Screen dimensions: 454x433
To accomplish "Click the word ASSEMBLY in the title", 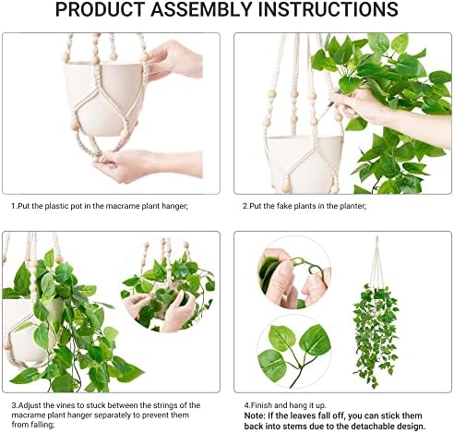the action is click(201, 9).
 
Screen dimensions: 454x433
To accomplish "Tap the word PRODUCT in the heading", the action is click(101, 9).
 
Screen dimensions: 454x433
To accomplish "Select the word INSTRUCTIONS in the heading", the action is click(328, 9).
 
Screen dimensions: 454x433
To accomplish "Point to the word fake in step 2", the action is click(284, 206).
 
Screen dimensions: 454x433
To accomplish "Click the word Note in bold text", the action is click(254, 415).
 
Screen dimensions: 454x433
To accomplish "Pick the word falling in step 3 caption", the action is click(42, 425).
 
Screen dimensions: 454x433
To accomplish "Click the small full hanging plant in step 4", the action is click(376, 312).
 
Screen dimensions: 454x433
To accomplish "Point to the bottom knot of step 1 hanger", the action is click(102, 158).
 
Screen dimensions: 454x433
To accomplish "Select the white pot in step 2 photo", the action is click(305, 163).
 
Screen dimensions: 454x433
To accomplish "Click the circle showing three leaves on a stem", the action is click(294, 352).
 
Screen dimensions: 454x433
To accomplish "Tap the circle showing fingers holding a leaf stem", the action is click(294, 272).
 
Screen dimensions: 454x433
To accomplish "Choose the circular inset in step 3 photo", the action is click(168, 285).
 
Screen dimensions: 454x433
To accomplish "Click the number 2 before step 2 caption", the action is click(245, 206).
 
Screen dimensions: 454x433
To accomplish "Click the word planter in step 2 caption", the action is click(353, 206).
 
